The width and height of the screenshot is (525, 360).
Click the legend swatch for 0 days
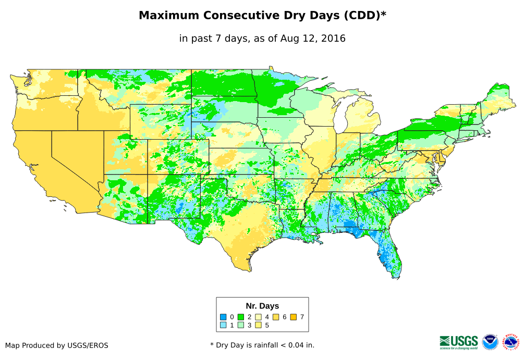(x=223, y=317)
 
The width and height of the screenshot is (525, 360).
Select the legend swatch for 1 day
(x=223, y=325)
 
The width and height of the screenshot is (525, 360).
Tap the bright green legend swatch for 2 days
(x=241, y=317)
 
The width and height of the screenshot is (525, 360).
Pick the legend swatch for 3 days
(x=241, y=325)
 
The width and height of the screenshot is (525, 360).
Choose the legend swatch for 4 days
(x=259, y=317)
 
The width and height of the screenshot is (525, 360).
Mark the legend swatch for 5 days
(x=259, y=325)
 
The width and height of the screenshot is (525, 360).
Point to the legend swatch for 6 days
(x=276, y=317)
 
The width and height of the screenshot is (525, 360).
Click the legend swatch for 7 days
(x=294, y=317)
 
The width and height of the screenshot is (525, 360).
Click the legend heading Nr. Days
(x=262, y=306)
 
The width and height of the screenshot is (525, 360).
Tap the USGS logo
(x=459, y=342)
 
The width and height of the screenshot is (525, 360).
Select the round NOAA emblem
(x=490, y=342)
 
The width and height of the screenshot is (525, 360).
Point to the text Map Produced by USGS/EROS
(x=57, y=345)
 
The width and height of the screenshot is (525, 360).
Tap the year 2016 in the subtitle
(x=334, y=39)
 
